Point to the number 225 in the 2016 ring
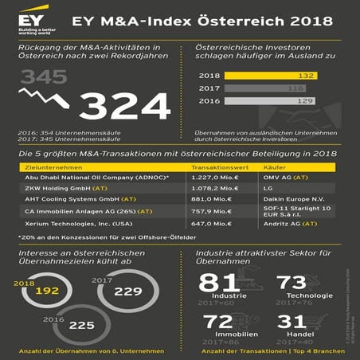pos(81,326)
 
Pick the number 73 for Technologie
pos(293,283)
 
